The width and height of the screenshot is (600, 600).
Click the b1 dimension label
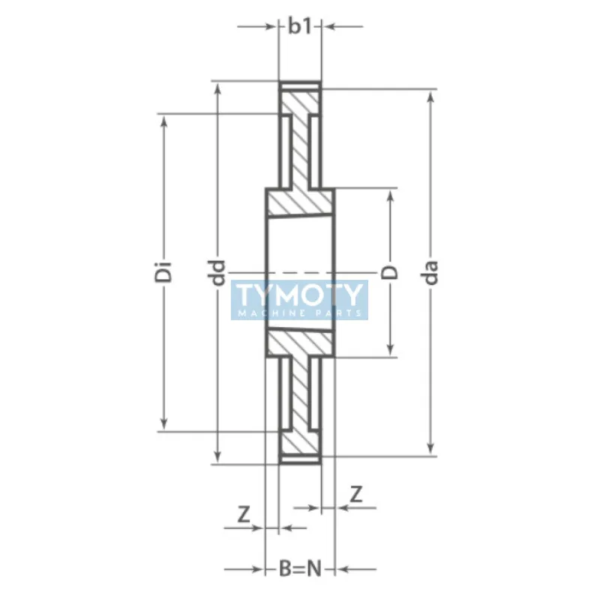coord(300,26)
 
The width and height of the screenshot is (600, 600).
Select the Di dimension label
coord(168,272)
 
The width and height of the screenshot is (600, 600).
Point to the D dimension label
coord(391,272)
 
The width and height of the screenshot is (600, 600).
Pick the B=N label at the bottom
coord(299,568)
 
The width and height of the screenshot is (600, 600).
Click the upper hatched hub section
coord(300,204)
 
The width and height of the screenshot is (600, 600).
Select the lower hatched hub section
coord(300,343)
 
